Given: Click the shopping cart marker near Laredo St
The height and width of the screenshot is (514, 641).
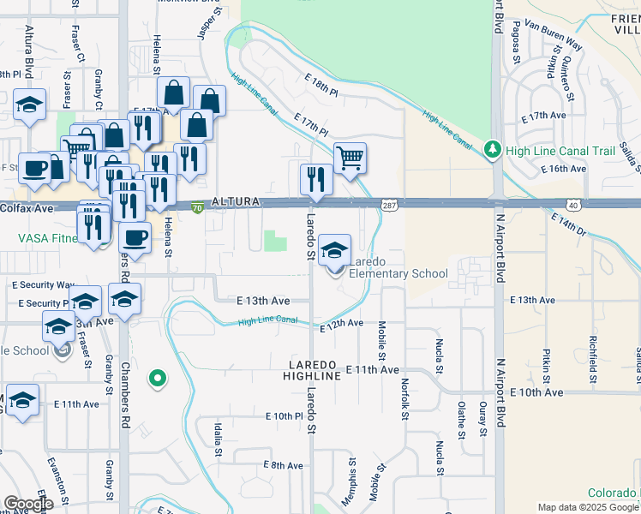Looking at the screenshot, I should pyautogui.click(x=350, y=158).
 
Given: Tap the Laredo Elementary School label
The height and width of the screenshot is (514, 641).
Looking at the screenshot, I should pyautogui.click(x=398, y=267).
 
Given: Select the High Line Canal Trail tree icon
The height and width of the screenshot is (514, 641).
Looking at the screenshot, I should pyautogui.click(x=492, y=150).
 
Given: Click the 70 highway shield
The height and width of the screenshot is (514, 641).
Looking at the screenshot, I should pyautogui.click(x=197, y=206).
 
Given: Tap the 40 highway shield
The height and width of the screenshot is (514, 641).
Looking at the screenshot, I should pyautogui.click(x=572, y=204).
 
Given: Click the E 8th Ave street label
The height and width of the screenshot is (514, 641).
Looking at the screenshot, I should pyautogui.click(x=283, y=465).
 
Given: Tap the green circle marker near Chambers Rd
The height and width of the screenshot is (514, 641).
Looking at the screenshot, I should pyautogui.click(x=157, y=377).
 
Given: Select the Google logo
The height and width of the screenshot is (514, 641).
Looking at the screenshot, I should pyautogui.click(x=28, y=503).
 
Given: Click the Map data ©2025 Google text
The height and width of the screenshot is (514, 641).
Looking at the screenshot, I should pyautogui.click(x=588, y=507).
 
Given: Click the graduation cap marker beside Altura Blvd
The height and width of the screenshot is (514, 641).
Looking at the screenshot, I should pyautogui.click(x=30, y=105).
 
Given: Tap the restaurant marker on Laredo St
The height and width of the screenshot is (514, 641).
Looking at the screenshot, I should pyautogui.click(x=315, y=179).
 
